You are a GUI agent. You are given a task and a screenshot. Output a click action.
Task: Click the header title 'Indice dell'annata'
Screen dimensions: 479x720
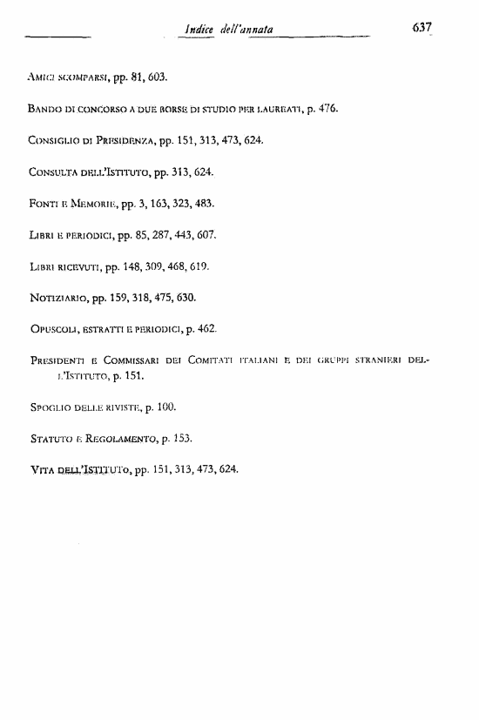(226, 30)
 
